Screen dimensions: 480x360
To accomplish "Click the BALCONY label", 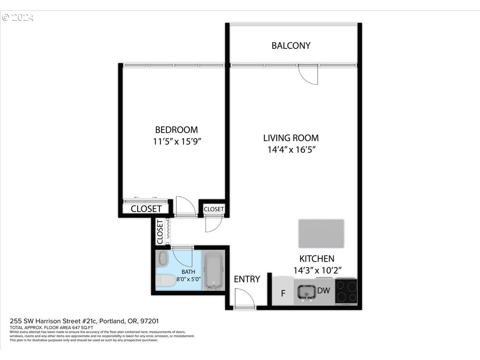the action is point(291,46).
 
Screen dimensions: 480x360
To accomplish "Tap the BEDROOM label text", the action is point(176,130).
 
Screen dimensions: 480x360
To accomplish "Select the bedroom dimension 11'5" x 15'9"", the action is point(177,142).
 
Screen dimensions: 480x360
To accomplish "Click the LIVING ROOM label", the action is point(291,138).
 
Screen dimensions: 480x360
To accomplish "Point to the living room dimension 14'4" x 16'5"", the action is point(292,150).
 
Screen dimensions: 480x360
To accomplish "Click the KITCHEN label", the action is point(317,259).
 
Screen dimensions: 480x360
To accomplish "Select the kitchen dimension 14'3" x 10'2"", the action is point(317,271).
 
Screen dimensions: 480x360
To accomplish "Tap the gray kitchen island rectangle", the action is point(321,234).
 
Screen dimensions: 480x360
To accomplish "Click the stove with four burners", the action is point(346,291).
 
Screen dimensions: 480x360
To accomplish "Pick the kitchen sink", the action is point(306,292).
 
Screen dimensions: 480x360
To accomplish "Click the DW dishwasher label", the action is point(324,290).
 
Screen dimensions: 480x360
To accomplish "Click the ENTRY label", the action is point(247,279).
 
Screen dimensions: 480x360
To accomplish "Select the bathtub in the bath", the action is point(214,270).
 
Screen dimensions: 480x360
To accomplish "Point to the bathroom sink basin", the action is point(162,258).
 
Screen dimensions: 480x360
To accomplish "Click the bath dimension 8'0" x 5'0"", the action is point(188,279).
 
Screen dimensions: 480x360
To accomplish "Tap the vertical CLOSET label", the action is point(160,232).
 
